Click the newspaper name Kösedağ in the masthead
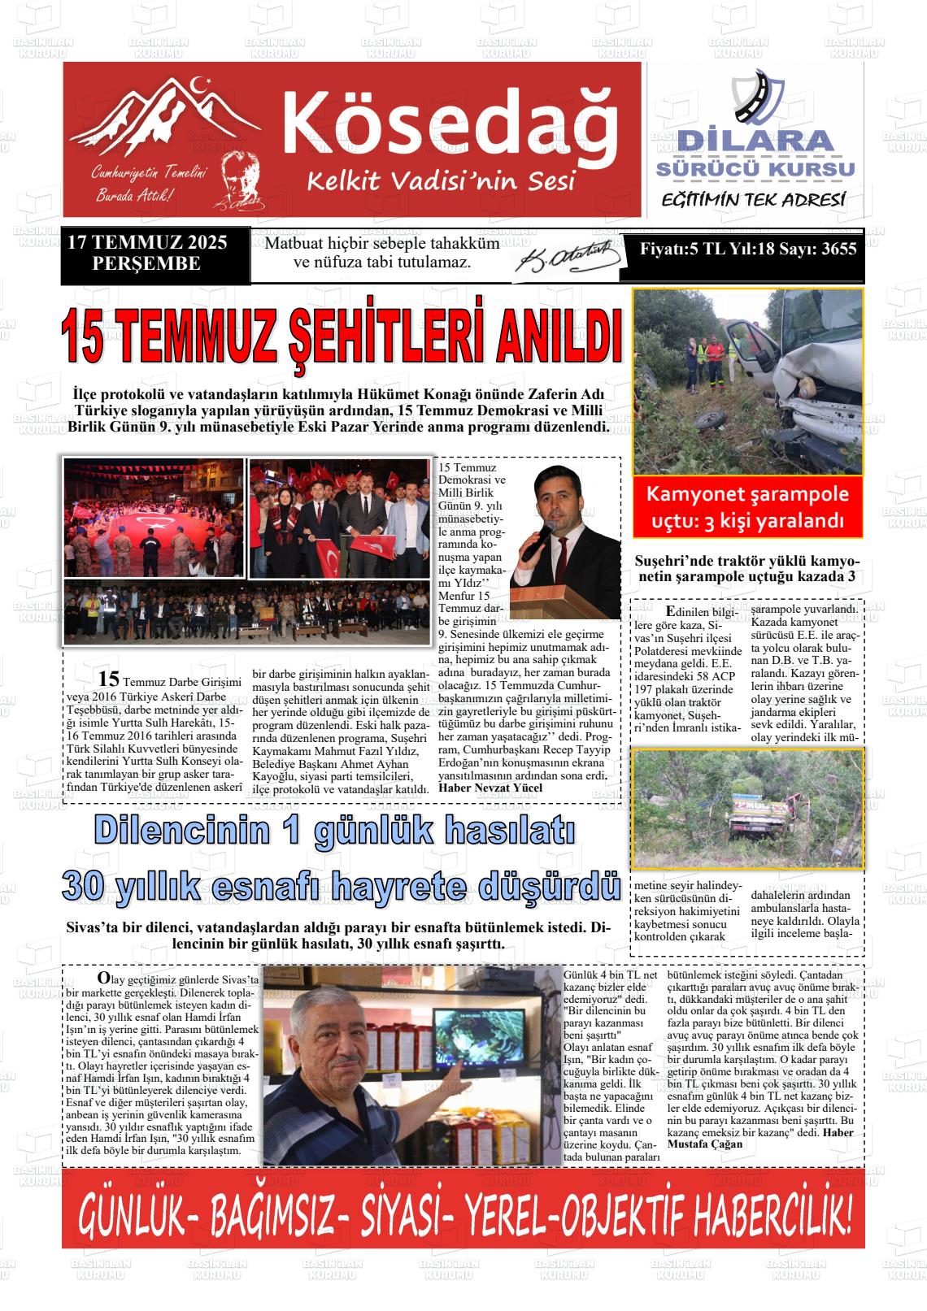450,119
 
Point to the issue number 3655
838,249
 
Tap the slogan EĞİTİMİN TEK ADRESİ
754,200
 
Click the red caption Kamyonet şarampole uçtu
747,506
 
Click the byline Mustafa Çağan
704,1144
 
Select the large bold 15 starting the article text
108,679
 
